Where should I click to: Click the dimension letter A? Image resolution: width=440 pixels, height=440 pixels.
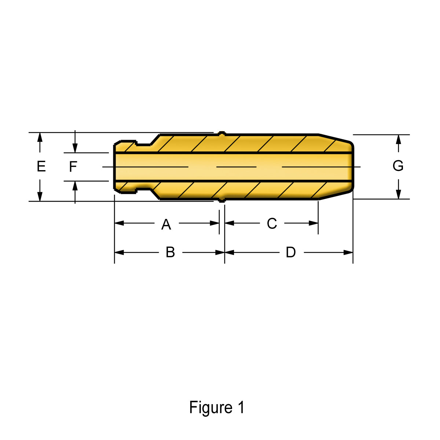coord(166,224)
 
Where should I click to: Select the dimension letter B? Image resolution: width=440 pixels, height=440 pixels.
coord(170,252)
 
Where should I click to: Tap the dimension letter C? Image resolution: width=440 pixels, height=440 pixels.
coord(272,223)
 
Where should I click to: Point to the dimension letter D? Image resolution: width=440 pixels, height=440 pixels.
coord(291,252)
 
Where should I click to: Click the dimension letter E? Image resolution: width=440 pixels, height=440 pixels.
coord(41,166)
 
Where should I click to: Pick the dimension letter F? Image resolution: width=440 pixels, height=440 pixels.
coord(73,166)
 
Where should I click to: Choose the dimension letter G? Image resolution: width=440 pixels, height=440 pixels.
coord(398,165)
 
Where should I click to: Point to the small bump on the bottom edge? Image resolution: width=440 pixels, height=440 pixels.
coord(222,200)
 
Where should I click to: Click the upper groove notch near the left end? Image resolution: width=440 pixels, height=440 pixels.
coord(143,143)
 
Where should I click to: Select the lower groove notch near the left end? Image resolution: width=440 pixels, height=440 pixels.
coord(143,190)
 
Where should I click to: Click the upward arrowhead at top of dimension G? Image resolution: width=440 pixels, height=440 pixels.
coord(399,139)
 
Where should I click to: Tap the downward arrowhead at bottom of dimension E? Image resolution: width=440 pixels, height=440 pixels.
coord(40,197)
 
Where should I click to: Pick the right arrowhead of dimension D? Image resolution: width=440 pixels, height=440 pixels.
coord(348,252)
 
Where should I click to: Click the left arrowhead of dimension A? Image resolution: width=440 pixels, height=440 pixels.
coord(119,223)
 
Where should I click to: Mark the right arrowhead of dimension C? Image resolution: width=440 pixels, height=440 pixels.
coord(313,223)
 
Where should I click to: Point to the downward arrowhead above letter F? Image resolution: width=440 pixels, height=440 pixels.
coord(75,148)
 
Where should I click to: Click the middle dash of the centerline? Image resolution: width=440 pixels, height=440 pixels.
coord(236,167)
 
